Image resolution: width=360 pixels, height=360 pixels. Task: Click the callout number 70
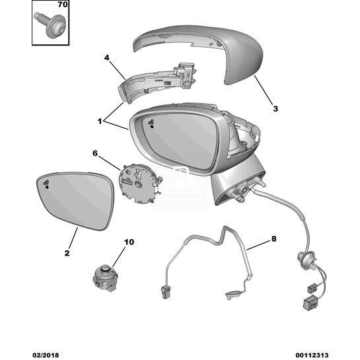point(63,5)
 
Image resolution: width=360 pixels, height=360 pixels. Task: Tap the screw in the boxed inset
point(50,24)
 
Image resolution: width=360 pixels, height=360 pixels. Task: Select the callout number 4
point(106,57)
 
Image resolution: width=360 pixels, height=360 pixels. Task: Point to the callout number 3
point(275,108)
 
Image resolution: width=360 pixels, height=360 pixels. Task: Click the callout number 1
point(100,121)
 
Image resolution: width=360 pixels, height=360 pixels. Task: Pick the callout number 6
point(95,153)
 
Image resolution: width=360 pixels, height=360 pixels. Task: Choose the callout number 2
point(67,253)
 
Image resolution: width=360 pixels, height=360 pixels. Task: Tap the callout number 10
point(129,242)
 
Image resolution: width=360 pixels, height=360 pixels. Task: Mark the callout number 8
point(273,238)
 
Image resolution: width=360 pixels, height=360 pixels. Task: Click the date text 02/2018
point(46,355)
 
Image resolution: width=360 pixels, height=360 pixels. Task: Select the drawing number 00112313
point(312,355)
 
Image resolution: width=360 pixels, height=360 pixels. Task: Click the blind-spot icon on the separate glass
point(46,184)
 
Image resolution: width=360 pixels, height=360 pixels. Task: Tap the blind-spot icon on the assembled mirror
point(151,124)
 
